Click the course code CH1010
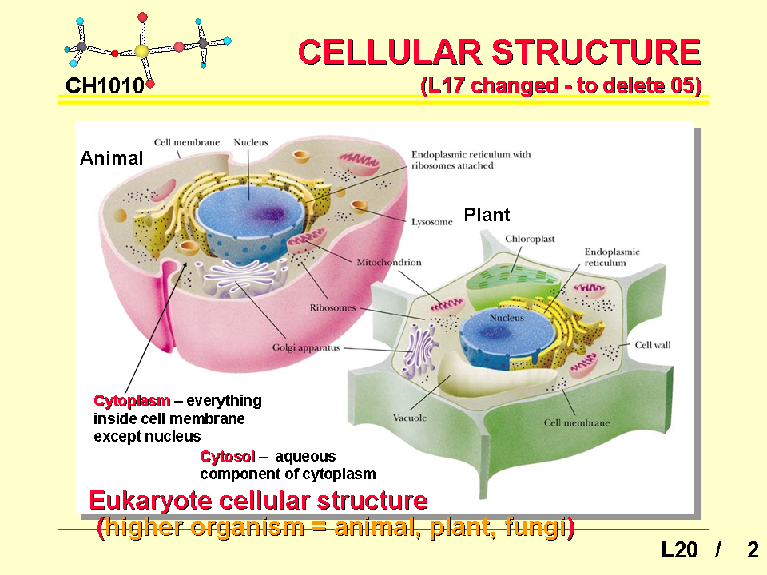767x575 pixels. [105, 86]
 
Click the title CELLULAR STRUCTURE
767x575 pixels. [500, 53]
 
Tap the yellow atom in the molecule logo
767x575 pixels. [141, 51]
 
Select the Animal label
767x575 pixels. [112, 158]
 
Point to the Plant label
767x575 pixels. [487, 215]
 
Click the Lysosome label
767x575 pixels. [432, 222]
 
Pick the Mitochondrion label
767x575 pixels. [389, 262]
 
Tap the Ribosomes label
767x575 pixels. [332, 307]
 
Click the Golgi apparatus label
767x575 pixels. [306, 347]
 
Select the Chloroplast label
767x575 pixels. [530, 239]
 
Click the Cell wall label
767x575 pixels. [653, 345]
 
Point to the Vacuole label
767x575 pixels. [409, 418]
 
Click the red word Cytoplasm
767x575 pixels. [132, 401]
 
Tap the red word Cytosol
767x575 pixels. [228, 457]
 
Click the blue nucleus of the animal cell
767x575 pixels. [250, 215]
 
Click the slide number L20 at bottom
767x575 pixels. [679, 550]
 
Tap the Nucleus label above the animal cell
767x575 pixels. [250, 142]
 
